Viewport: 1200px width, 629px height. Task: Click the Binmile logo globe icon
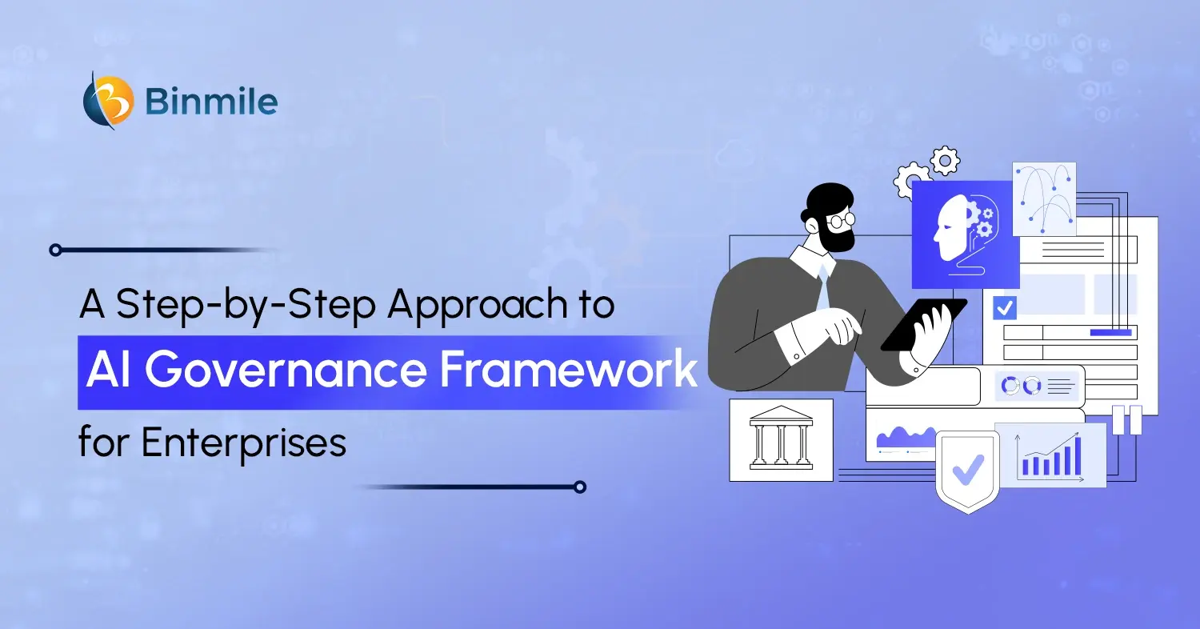click(x=109, y=101)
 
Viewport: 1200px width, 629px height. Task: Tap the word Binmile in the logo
click(x=211, y=102)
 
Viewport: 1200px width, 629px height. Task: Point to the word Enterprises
click(x=244, y=442)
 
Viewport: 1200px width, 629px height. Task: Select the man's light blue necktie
click(x=823, y=288)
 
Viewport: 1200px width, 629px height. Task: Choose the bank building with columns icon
click(x=781, y=439)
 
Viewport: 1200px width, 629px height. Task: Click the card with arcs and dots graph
click(x=1044, y=199)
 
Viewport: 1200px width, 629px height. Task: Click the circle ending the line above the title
click(x=55, y=250)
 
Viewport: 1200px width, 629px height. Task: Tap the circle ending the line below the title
click(x=580, y=487)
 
